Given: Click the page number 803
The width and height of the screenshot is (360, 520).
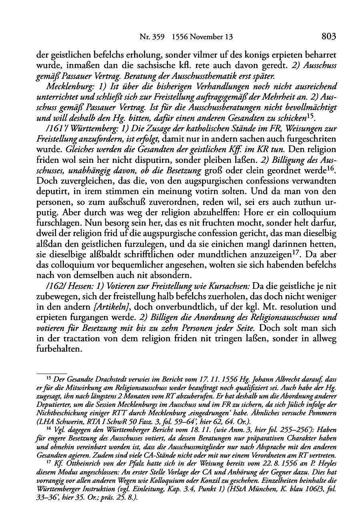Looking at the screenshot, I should point(328,36).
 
